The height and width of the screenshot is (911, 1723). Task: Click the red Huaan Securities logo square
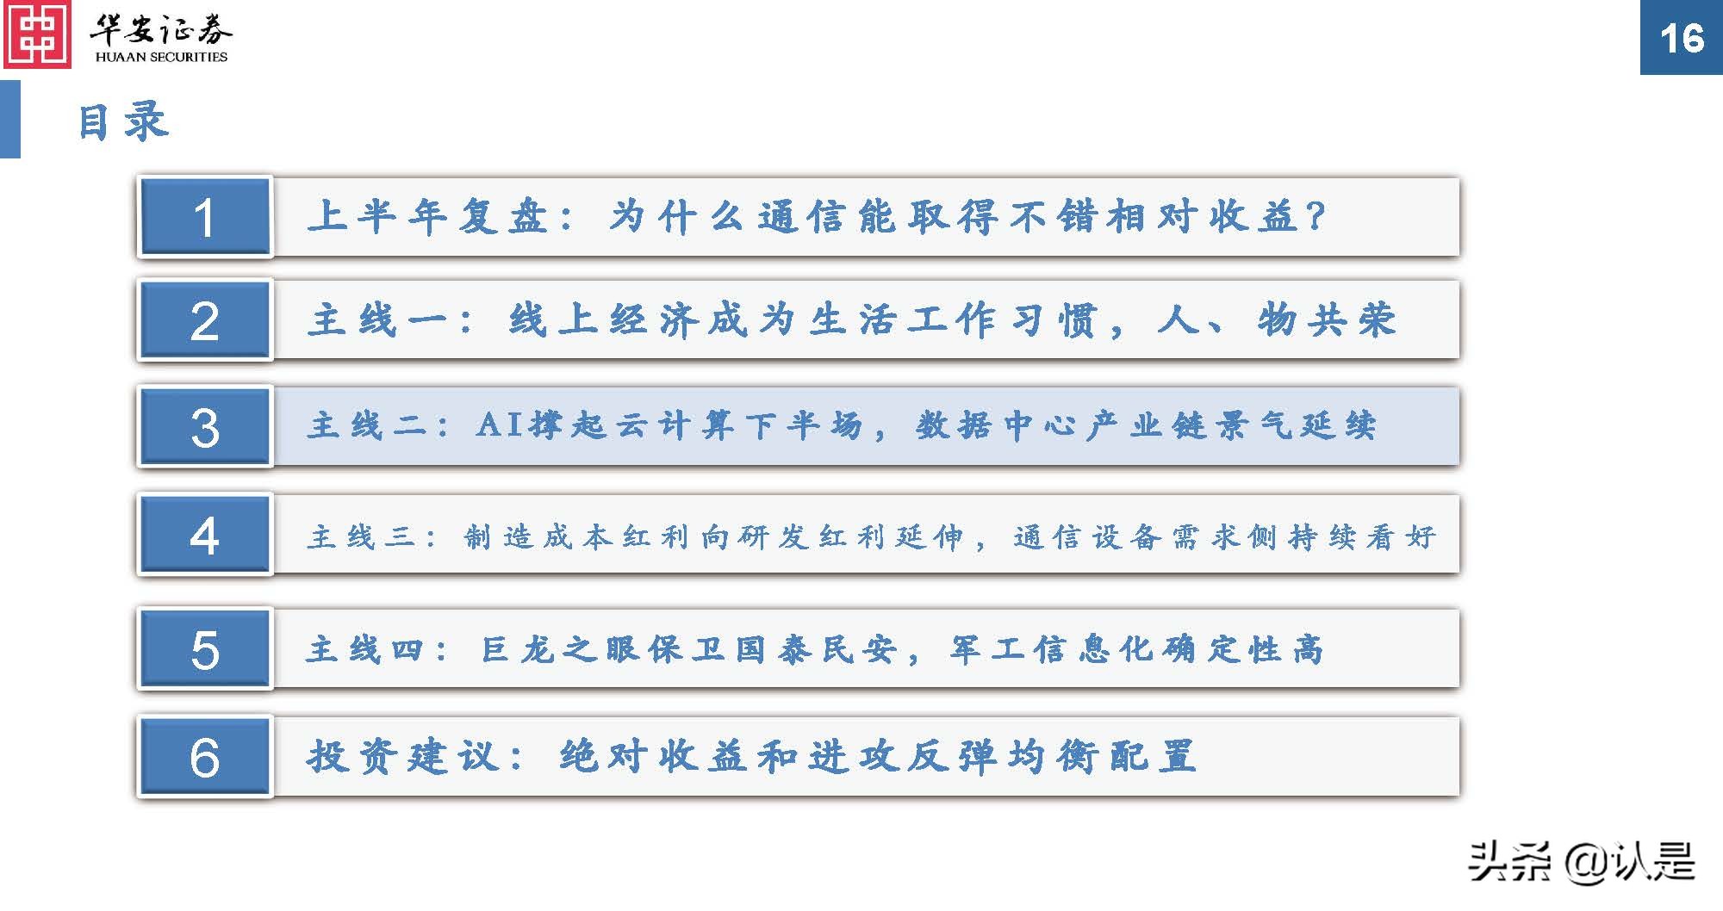pyautogui.click(x=36, y=34)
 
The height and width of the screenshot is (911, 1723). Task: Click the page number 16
pyautogui.click(x=1681, y=38)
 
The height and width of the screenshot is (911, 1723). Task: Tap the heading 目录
pyautogui.click(x=122, y=121)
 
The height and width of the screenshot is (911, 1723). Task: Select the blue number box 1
pyautogui.click(x=204, y=217)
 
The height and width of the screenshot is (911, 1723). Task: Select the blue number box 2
pyautogui.click(x=204, y=320)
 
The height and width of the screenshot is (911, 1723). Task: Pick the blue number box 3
pyautogui.click(x=204, y=427)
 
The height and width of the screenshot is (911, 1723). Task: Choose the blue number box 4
pyautogui.click(x=204, y=535)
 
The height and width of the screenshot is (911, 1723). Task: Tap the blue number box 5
pyautogui.click(x=204, y=649)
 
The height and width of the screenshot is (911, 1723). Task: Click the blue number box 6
pyautogui.click(x=204, y=757)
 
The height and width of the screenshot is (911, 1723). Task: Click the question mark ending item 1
pyautogui.click(x=1315, y=216)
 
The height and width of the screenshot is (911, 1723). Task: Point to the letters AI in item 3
pyautogui.click(x=500, y=425)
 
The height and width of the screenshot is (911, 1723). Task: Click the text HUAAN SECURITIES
pyautogui.click(x=161, y=57)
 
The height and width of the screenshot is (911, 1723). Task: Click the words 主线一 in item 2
pyautogui.click(x=378, y=320)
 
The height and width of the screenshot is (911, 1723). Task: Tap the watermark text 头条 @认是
pyautogui.click(x=1581, y=862)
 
